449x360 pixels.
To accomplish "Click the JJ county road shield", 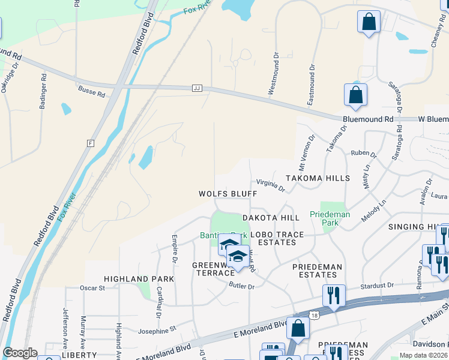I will point(196,88).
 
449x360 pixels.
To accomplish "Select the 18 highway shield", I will point(315,314).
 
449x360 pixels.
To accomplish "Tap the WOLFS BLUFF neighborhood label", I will point(228,194).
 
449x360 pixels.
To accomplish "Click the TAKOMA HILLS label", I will point(317,178).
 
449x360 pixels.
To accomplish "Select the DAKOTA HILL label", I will point(270,218).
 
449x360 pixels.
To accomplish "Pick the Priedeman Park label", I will point(330,218).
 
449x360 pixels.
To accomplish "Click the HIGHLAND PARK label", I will point(139,279).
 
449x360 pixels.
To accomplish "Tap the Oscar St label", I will point(92,288).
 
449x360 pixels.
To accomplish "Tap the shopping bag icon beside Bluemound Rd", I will point(355,95).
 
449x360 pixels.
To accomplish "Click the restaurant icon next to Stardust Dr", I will point(334,295).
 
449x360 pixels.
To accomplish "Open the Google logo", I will point(20,353).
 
